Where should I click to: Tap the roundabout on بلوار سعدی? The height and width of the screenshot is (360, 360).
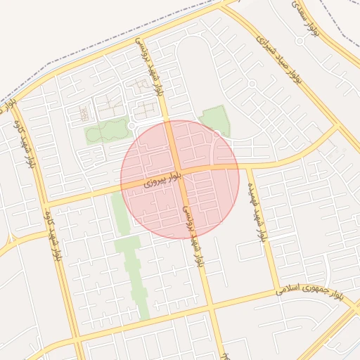click(x=300, y=41)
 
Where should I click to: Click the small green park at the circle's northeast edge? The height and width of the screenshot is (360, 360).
click(x=215, y=120)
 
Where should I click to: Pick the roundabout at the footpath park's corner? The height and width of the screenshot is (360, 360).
click(x=131, y=126)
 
